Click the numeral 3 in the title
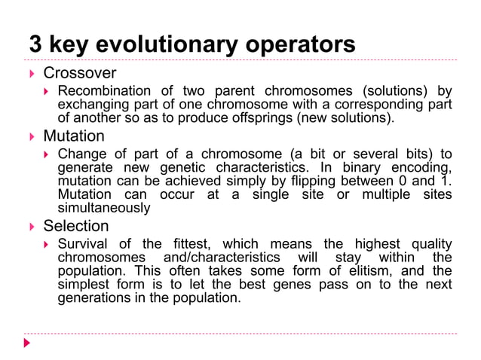pyautogui.click(x=34, y=44)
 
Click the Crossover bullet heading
pyautogui.click(x=80, y=74)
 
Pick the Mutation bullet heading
pyautogui.click(x=74, y=137)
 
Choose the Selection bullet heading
pyautogui.click(x=76, y=226)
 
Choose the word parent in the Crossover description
pyautogui.click(x=234, y=92)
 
